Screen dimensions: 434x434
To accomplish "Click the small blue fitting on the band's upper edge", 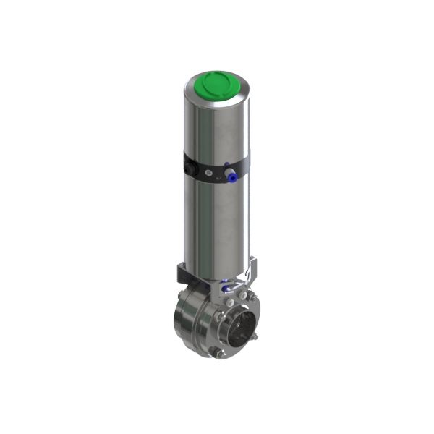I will (x=226, y=164).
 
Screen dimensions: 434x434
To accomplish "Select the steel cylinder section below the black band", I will (x=216, y=224).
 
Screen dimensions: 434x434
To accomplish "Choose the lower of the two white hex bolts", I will (x=230, y=302).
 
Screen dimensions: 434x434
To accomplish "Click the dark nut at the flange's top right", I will (x=251, y=296).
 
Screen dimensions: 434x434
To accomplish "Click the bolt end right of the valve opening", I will (x=255, y=337).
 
